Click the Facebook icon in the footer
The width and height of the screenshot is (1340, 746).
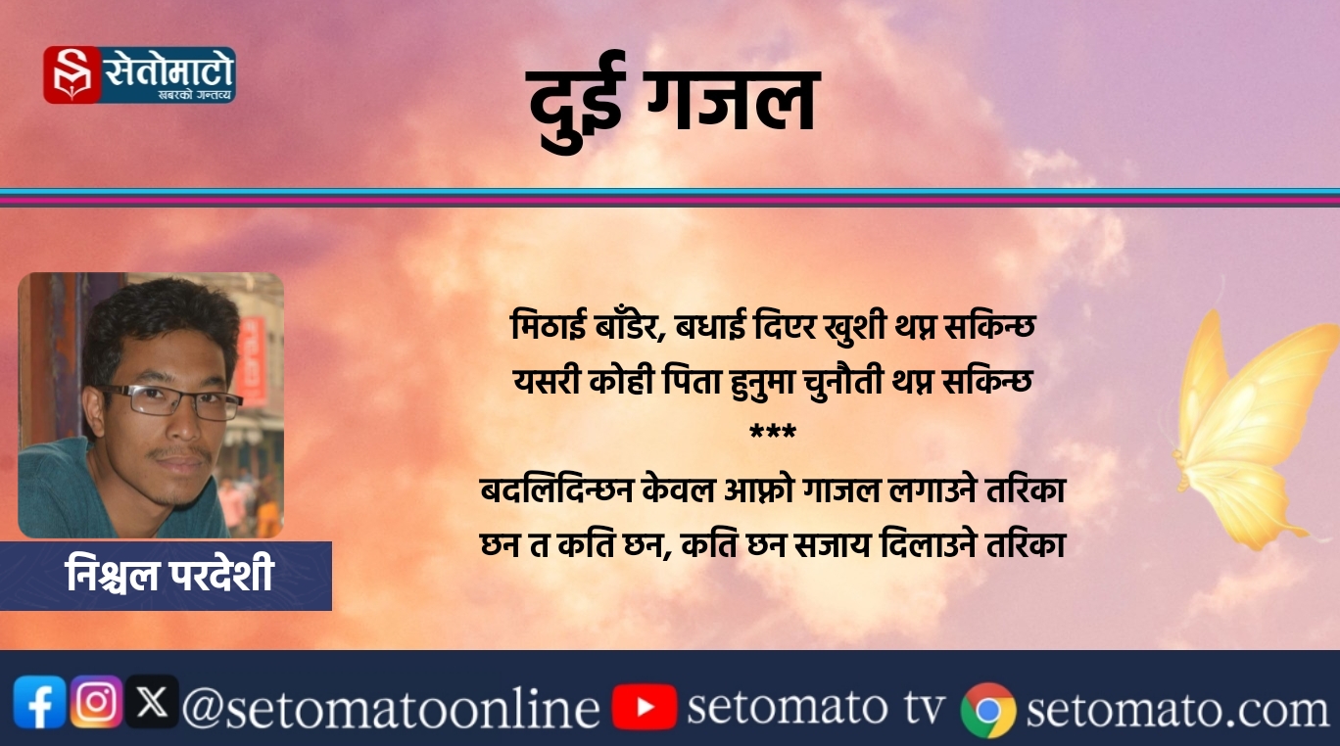coord(39,702)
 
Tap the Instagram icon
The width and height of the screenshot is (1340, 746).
coord(96,701)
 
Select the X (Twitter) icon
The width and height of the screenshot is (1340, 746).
coord(152,701)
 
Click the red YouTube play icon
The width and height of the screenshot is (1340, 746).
coord(645,707)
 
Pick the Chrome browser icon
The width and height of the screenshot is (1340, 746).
coord(988,710)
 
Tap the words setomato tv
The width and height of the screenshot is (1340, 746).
coord(817,707)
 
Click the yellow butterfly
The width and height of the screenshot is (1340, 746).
coord(1253,428)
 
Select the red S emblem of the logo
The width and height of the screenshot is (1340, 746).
coord(72,74)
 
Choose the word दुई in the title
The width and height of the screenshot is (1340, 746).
coord(576,103)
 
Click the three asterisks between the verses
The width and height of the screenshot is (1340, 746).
coord(773,432)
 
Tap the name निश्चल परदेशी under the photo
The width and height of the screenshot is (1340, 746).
coord(169,575)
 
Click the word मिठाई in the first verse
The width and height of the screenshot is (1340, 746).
coord(549,326)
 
